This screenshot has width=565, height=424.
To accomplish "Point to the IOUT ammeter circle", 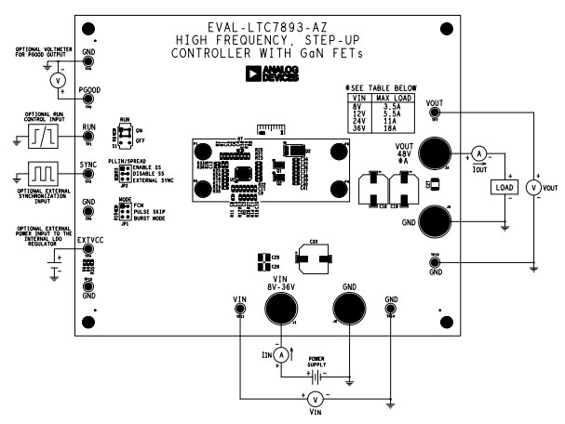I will [478, 152].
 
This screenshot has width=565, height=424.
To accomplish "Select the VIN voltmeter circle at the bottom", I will [314, 398].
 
